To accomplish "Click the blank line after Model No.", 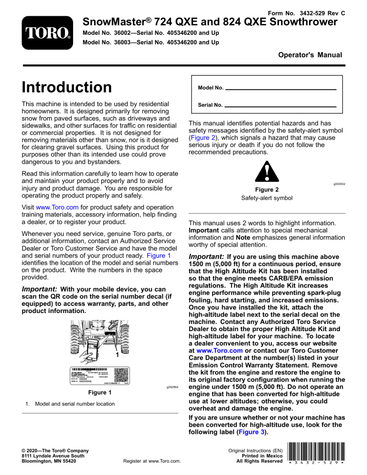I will (281, 89).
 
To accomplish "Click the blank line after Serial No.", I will (281, 106).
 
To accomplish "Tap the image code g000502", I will (338, 183).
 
